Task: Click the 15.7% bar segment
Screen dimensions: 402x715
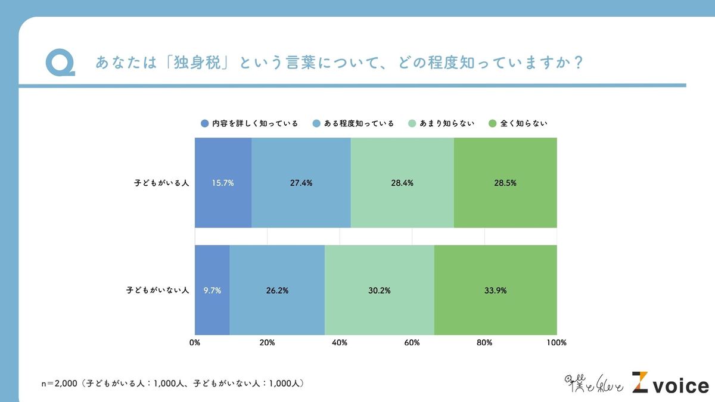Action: [x=223, y=183]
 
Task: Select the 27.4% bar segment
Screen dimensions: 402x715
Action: [x=301, y=183]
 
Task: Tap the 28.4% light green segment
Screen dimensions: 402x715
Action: [x=402, y=183]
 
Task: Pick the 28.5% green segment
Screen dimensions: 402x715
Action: [x=505, y=183]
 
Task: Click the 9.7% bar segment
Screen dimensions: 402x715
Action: [x=212, y=291]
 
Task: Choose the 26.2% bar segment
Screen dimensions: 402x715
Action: [x=277, y=291]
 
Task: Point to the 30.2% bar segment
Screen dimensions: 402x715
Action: [x=380, y=291]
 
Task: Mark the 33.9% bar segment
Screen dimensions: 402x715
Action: [x=496, y=291]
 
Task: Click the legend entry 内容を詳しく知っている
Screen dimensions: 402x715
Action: [x=249, y=124]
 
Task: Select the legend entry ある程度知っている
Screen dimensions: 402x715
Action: [x=353, y=124]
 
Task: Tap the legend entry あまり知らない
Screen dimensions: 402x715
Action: [x=440, y=124]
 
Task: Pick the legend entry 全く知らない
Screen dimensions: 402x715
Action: [x=518, y=124]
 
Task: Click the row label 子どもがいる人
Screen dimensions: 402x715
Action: [x=161, y=183]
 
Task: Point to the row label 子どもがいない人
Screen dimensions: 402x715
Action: [x=158, y=291]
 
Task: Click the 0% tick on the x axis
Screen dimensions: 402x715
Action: [x=195, y=342]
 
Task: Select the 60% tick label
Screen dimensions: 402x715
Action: [x=412, y=342]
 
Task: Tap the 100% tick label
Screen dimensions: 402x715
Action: [x=557, y=342]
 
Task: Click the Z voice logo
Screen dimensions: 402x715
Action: [x=670, y=384]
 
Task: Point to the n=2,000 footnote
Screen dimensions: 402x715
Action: [x=172, y=384]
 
